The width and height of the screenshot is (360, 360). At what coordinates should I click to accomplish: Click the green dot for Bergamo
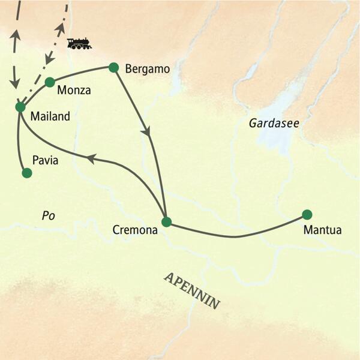coord(112,67)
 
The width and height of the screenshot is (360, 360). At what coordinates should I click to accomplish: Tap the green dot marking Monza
coord(50,82)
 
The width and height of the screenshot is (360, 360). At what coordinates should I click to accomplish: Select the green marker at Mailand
coord(20,107)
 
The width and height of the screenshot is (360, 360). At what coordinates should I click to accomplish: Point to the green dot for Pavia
coord(26,173)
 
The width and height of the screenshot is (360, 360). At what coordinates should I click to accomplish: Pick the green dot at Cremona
coord(167,222)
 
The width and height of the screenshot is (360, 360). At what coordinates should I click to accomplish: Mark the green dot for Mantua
coord(307,214)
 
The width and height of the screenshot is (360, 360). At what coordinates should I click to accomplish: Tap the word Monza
coord(75,91)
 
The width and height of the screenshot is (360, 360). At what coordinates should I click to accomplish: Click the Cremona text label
coord(136,230)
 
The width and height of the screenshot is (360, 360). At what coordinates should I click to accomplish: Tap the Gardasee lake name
coord(274,123)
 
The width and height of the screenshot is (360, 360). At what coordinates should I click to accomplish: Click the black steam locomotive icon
coord(79,43)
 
